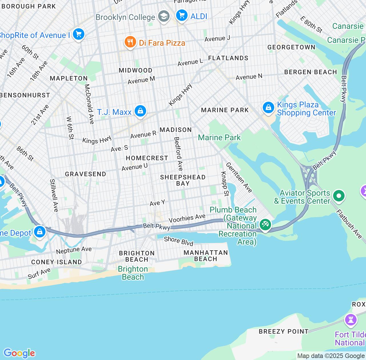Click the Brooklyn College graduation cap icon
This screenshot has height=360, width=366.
(164, 16)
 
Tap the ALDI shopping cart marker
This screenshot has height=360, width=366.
(182, 15)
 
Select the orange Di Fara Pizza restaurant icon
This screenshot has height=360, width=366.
(130, 42)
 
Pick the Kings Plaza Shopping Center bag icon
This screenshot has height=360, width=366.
(268, 108)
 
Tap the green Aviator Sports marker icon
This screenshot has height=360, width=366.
(339, 196)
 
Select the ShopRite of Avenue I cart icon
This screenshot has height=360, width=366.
(78, 34)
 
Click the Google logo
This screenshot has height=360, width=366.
(19, 353)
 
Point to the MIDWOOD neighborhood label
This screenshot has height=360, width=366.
(136, 70)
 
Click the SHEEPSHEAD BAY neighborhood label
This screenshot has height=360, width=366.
(183, 180)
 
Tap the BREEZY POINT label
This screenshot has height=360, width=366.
(283, 331)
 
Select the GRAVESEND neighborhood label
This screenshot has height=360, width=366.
(85, 174)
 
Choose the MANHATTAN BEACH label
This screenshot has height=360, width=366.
(206, 256)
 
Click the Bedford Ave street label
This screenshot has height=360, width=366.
(178, 154)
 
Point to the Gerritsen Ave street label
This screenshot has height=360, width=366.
(239, 177)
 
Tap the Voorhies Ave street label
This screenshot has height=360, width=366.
(187, 218)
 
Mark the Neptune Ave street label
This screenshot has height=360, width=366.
(74, 250)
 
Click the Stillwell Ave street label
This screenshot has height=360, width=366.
(54, 195)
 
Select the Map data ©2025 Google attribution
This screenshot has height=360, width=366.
(331, 356)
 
